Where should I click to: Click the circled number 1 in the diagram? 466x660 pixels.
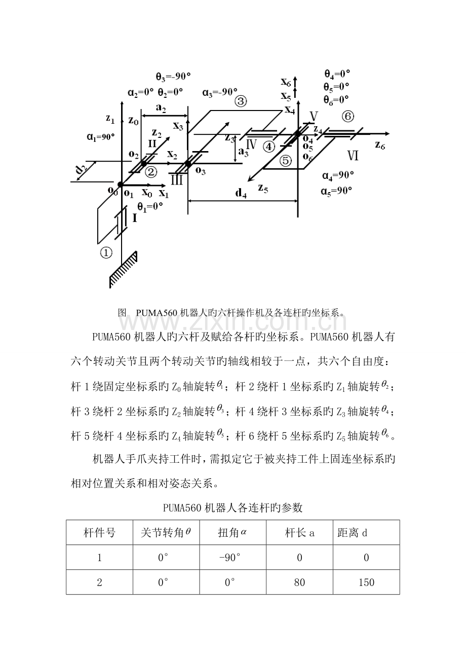pos(105,252)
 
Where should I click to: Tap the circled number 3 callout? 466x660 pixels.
pos(240,101)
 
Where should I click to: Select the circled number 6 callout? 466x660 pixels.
pos(347,117)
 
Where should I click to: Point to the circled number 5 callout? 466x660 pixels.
pos(286,161)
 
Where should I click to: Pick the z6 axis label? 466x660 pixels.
pos(381,144)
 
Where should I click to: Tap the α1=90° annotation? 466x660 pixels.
pos(101,136)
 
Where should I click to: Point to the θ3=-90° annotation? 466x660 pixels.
pos(173,77)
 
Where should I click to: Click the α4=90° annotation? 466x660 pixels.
pos(338,175)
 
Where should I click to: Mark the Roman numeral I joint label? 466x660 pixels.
pos(135,218)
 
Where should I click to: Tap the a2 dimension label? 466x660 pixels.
pos(162,108)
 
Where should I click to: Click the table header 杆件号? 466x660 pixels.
pos(99,532)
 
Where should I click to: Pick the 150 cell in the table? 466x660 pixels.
pos(366,582)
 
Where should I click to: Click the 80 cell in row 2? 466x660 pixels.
pos(299,582)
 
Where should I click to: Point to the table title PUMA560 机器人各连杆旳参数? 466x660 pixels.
pos(232,507)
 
